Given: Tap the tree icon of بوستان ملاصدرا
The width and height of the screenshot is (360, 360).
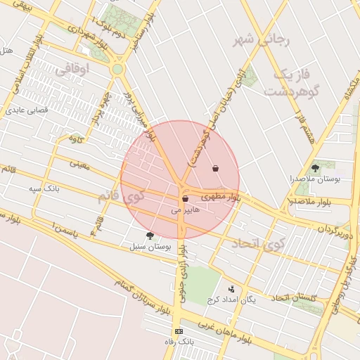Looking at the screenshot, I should click(315, 168).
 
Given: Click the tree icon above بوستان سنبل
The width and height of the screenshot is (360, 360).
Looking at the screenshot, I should click(149, 236).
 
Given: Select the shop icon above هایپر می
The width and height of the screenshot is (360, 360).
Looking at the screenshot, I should click(185, 199).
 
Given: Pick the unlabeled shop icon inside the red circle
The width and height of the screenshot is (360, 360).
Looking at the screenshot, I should click(215, 168).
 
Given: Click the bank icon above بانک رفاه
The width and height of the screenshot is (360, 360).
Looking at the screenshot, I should click(179, 331).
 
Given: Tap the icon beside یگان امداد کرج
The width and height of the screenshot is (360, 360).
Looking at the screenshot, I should click(231, 288).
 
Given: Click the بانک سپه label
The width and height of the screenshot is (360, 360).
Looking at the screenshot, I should click(45, 190).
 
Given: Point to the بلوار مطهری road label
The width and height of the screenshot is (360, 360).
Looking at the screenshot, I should click(224, 198).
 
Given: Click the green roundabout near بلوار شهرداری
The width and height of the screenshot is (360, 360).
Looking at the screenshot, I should click(117, 69).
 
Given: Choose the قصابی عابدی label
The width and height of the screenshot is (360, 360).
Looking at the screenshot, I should click(26, 110).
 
